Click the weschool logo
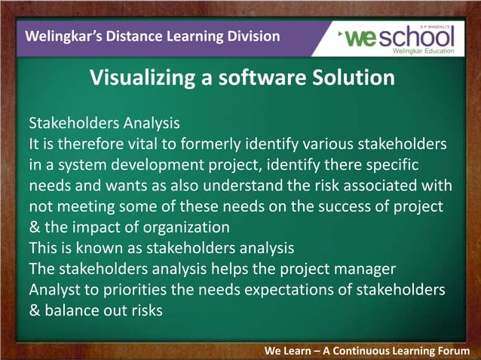(x=399, y=38)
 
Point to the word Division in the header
(x=253, y=36)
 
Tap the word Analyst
(x=54, y=289)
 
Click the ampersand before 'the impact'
(x=34, y=227)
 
